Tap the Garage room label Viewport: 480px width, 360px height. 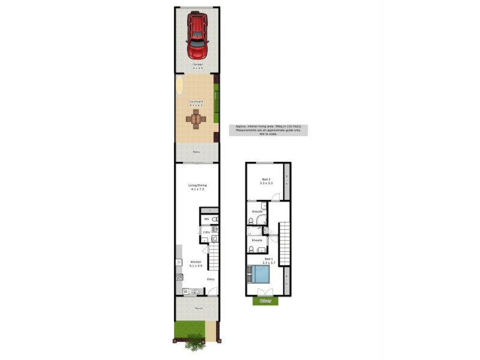point(197,64)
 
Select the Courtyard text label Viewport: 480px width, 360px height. point(196,102)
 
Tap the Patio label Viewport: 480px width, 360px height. point(196,152)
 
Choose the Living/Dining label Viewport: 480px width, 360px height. point(197,185)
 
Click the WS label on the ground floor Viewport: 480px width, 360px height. point(206,220)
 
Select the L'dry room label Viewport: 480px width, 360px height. point(206,232)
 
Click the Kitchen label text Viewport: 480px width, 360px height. point(195,262)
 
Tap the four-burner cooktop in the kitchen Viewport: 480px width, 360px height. point(179,277)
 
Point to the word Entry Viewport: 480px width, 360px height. point(211,279)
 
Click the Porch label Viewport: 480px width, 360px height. point(199,308)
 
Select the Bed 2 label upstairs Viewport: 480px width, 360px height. point(266,179)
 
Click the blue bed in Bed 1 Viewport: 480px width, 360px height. point(258,275)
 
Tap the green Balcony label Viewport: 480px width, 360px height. point(266,301)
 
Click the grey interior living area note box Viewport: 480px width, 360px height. point(268,130)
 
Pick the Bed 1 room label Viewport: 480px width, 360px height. point(268,260)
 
